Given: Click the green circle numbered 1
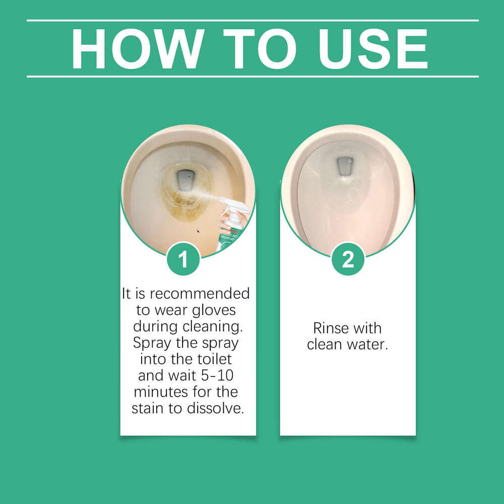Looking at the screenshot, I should pos(183,259).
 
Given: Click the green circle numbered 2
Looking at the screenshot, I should pos(348,259).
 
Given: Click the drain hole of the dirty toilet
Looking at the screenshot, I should pos(186,179).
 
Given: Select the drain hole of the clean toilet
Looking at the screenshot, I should pos(345,165).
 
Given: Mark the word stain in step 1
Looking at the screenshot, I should pos(148,408).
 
